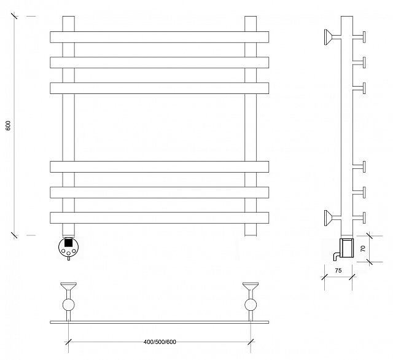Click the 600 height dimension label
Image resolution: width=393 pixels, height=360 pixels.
pyautogui.click(x=8, y=125)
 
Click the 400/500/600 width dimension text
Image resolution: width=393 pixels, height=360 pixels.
pyautogui.click(x=160, y=342)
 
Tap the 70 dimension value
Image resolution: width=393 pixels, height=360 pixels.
pyautogui.click(x=363, y=248)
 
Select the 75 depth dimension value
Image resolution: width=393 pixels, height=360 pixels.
pyautogui.click(x=338, y=270)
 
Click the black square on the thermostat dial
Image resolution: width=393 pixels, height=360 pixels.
pyautogui.click(x=68, y=243)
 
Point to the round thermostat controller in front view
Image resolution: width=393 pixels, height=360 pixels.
pyautogui.click(x=68, y=247)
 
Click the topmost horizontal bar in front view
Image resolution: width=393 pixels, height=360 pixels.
pyautogui.click(x=160, y=37)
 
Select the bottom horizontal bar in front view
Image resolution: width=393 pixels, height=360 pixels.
pyautogui.click(x=160, y=217)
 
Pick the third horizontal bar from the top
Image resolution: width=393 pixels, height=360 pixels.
pyautogui.click(x=160, y=88)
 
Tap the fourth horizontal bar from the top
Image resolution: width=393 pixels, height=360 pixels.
pyautogui.click(x=160, y=166)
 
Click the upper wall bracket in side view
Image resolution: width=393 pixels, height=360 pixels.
pyautogui.click(x=332, y=37)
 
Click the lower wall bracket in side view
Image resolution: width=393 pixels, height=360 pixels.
pyautogui.click(x=332, y=217)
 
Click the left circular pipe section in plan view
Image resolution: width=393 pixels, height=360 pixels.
pyautogui.click(x=68, y=305)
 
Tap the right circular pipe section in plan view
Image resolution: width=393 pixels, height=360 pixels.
pyautogui.click(x=251, y=305)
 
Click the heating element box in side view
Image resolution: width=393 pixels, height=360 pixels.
pyautogui.click(x=346, y=248)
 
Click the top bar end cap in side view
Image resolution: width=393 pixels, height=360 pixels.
pyautogui.click(x=364, y=37)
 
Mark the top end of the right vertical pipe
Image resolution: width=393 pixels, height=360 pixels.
pyautogui.click(x=251, y=17)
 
